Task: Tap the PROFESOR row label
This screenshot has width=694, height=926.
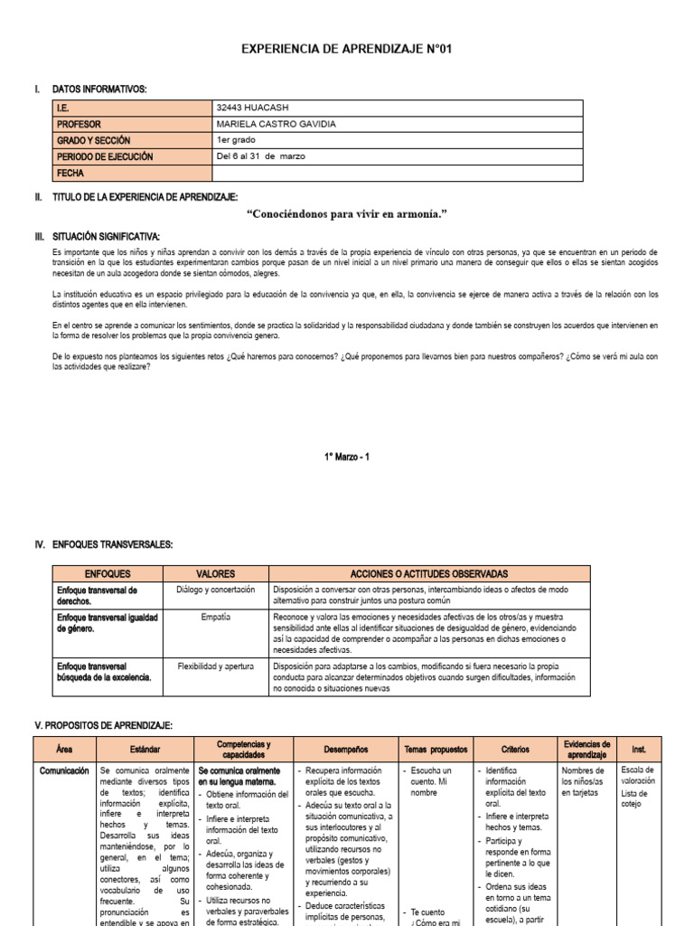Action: (x=79, y=124)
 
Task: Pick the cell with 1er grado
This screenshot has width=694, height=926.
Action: (x=237, y=140)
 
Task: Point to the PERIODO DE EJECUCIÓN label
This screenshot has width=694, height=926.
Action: (x=105, y=156)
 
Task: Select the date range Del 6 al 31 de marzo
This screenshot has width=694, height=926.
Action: (x=261, y=156)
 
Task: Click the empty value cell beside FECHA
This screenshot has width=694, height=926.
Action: (x=398, y=173)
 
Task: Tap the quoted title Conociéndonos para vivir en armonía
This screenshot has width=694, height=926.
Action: (x=347, y=213)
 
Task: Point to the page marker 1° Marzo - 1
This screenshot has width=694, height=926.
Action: (x=346, y=457)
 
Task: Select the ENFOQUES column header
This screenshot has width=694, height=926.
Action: (x=108, y=573)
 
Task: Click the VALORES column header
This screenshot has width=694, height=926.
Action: (x=216, y=573)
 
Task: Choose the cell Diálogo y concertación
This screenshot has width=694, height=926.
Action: (x=216, y=590)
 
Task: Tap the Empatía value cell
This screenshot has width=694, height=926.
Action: (x=216, y=617)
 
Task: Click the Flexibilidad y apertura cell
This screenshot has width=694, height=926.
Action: (x=216, y=666)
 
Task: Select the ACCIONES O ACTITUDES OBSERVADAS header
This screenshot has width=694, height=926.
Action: (x=429, y=573)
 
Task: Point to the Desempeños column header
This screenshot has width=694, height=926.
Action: (x=343, y=750)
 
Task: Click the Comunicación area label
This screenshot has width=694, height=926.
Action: (x=64, y=770)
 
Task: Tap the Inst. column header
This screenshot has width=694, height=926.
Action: (x=639, y=750)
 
